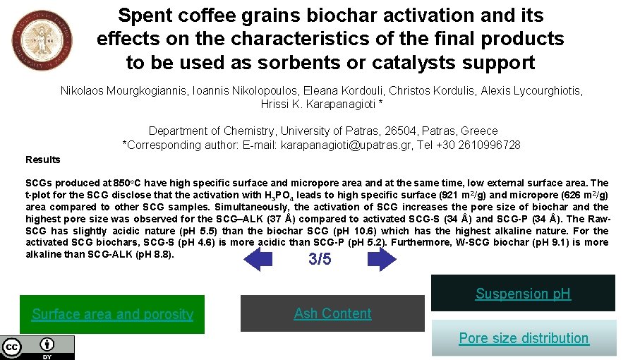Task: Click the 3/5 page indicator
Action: pyautogui.click(x=320, y=259)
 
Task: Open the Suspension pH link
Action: pyautogui.click(x=523, y=294)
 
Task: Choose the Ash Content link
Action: pyautogui.click(x=332, y=313)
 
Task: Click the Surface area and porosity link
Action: pyautogui.click(x=112, y=314)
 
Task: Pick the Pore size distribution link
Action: pyautogui.click(x=524, y=338)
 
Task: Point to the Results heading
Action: pyautogui.click(x=43, y=160)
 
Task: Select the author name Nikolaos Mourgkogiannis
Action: pyautogui.click(x=123, y=91)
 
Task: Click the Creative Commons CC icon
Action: pyautogui.click(x=12, y=347)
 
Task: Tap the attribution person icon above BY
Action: pyautogui.click(x=47, y=344)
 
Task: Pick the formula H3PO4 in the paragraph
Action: pyautogui.click(x=281, y=196)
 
